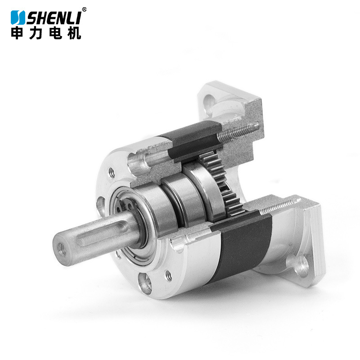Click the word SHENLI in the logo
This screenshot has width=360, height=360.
54,18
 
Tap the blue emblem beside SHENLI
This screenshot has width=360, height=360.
18,18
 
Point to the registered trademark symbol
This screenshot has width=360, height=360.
84,9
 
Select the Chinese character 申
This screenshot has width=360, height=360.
17,33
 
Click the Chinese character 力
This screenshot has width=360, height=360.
36,33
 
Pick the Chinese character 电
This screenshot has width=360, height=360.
55,33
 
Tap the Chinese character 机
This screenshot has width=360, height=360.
74,33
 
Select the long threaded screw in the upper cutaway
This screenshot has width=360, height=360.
238,132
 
